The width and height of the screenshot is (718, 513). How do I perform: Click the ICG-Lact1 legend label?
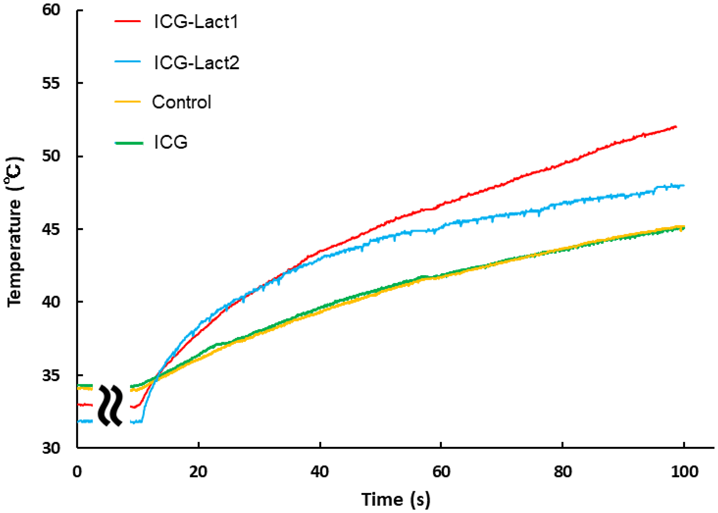(x=196, y=22)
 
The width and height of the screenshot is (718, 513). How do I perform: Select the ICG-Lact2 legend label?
(x=196, y=63)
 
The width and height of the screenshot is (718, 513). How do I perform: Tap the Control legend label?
(x=181, y=102)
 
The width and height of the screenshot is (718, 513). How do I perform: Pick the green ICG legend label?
(x=171, y=143)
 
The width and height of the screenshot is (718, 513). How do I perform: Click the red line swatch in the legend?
(x=127, y=21)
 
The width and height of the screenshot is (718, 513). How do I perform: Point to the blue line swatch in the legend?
(x=127, y=61)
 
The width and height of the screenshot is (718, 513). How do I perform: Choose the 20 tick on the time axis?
(x=198, y=472)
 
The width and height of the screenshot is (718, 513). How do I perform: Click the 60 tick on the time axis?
(x=441, y=472)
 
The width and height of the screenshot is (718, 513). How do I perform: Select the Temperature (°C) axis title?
(x=14, y=232)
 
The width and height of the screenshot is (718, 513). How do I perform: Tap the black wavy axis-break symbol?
(x=111, y=405)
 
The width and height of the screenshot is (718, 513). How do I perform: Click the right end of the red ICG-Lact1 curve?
(x=676, y=127)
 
